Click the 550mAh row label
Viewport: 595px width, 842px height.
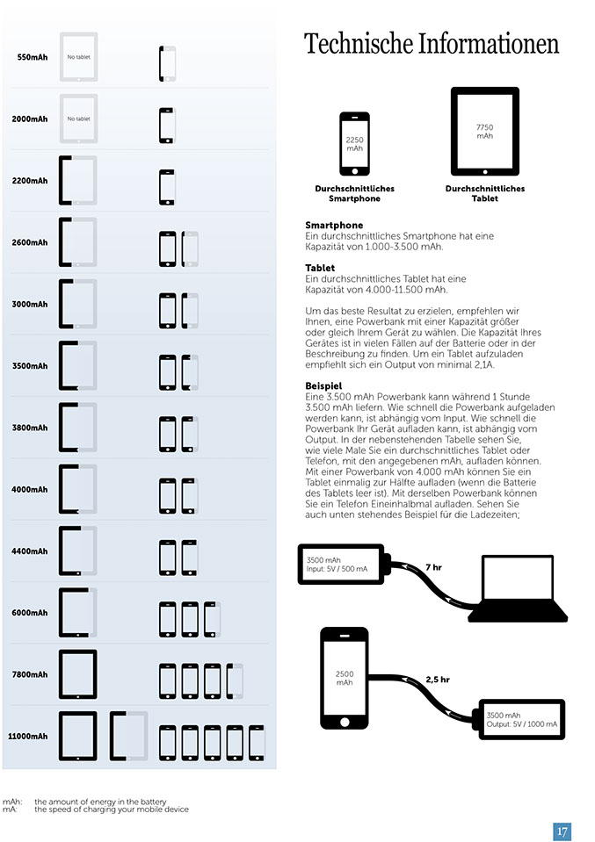tap(33, 58)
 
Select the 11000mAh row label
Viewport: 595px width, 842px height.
tap(29, 736)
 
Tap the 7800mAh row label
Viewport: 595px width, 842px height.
tap(30, 674)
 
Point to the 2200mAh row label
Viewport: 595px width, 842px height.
tap(30, 181)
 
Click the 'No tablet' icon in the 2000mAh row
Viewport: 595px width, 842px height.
tap(78, 119)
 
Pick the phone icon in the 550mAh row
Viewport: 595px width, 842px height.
tap(167, 64)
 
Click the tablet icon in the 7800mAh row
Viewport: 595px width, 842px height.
tap(77, 675)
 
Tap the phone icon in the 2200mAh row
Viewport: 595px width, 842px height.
tap(167, 187)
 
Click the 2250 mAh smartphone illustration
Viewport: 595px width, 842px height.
tap(354, 143)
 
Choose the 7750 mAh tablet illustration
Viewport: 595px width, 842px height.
tap(484, 131)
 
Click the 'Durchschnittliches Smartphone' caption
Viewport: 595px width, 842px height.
tap(354, 193)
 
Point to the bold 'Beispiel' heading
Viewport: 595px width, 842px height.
tap(323, 385)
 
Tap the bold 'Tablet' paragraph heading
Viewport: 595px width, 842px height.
tap(320, 268)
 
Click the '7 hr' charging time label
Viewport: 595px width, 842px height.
tap(433, 567)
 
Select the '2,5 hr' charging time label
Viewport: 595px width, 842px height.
tap(438, 680)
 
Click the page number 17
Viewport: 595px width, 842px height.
tap(562, 831)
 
